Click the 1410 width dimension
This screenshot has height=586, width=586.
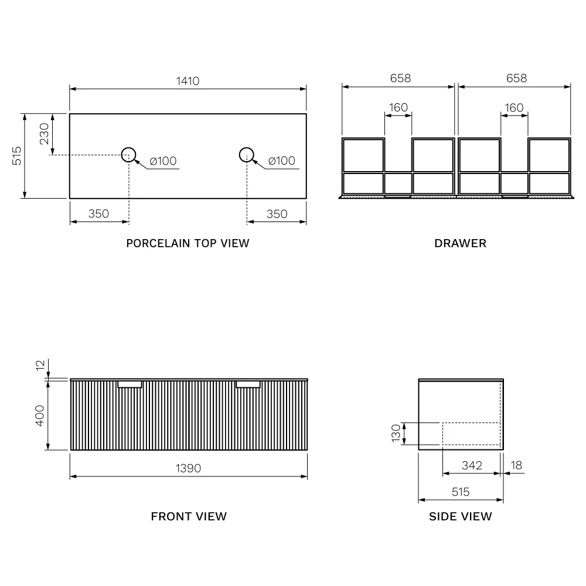coord(188,81)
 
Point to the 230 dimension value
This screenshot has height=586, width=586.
coord(44,134)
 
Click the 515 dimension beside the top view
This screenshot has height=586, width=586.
coord(16,156)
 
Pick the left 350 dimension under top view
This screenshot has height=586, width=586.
coord(98,214)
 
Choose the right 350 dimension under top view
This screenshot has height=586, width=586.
coord(277,214)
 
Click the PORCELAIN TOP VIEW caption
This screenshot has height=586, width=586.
coord(188,243)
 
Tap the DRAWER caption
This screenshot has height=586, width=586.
coord(461,243)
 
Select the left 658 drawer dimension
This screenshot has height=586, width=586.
coord(400,78)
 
